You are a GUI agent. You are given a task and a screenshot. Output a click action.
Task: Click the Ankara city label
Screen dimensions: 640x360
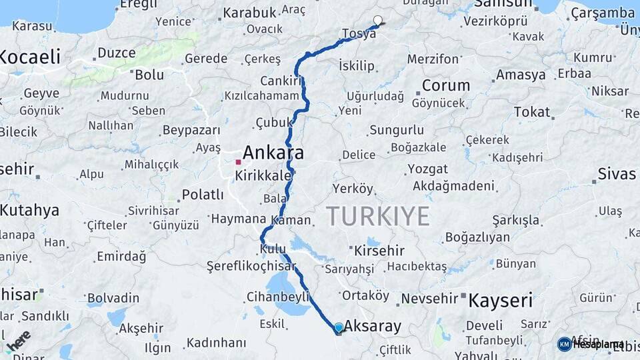pos(273,153)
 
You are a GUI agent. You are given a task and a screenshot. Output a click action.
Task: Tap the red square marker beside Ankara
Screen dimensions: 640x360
pos(238,162)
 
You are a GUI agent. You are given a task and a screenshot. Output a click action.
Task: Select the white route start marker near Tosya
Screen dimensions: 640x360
pos(378,20)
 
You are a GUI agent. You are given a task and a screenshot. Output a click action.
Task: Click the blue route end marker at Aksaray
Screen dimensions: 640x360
pos(339,327)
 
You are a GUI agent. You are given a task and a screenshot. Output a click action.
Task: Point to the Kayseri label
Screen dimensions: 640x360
pos(501,300)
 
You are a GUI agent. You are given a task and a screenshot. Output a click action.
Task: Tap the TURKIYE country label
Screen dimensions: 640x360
pos(378,216)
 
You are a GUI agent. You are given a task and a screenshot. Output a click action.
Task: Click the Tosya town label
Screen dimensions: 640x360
pos(358,33)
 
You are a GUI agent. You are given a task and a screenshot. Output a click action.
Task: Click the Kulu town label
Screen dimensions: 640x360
pos(273,249)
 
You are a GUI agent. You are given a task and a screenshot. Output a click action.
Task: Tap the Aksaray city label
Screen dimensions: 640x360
pos(373,326)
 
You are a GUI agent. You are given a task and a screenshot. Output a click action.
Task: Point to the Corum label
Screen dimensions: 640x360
pos(446,85)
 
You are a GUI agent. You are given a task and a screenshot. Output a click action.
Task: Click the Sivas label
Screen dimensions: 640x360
pos(617,174)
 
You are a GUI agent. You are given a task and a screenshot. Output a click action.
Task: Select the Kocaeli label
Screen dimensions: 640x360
pos(30,57)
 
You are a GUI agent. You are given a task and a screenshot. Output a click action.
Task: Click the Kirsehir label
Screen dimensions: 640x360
pos(379,251)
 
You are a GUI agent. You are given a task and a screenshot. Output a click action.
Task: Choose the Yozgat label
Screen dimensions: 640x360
pos(427,168)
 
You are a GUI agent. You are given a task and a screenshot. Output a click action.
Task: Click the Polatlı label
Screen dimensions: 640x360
pos(203,195)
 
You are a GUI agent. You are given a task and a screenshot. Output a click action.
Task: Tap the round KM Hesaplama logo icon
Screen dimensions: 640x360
pos(565,344)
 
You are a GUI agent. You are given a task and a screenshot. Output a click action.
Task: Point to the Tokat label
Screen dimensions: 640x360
pos(531,112)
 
